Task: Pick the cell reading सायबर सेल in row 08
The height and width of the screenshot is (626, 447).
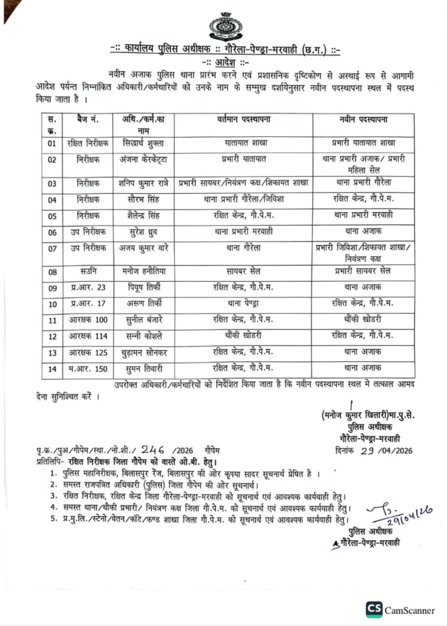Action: [x=243, y=270]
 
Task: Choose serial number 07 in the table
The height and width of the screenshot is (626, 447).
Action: [x=52, y=249]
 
